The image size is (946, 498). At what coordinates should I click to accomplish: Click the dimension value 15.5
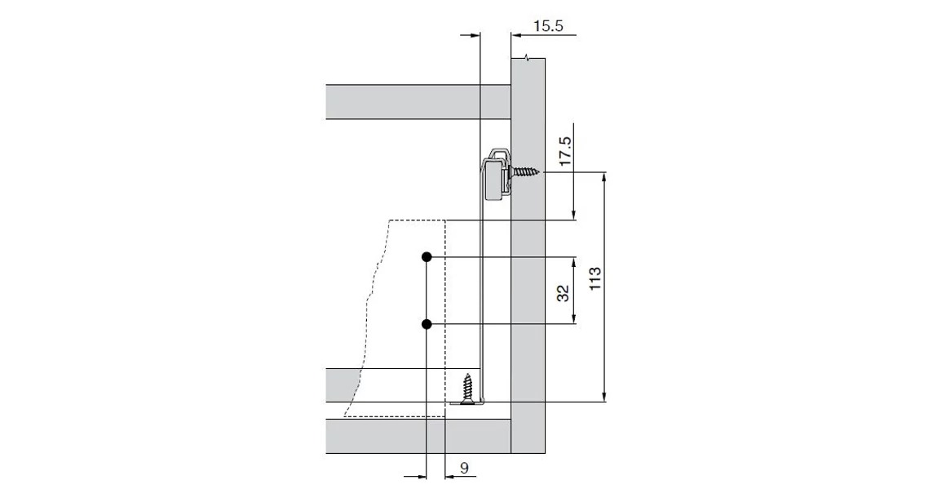pyautogui.click(x=548, y=26)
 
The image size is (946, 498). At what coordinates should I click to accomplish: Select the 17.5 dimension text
pyautogui.click(x=564, y=152)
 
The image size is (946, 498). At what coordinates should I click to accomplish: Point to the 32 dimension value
pyautogui.click(x=563, y=293)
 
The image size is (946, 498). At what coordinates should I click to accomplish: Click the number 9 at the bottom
pyautogui.click(x=463, y=468)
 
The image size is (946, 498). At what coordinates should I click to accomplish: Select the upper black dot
pyautogui.click(x=427, y=257)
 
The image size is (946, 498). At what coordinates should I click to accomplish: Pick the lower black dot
pyautogui.click(x=427, y=324)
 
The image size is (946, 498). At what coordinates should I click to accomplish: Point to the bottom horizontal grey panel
pyautogui.click(x=416, y=436)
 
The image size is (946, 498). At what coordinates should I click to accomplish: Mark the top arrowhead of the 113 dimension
pyautogui.click(x=604, y=177)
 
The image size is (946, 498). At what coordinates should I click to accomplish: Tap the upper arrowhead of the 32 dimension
pyautogui.click(x=577, y=262)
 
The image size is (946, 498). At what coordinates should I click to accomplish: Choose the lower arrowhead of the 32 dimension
pyautogui.click(x=577, y=319)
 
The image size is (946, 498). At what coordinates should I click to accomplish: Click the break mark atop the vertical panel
pyautogui.click(x=530, y=57)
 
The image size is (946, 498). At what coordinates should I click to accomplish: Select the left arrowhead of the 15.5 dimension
pyautogui.click(x=476, y=35)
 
